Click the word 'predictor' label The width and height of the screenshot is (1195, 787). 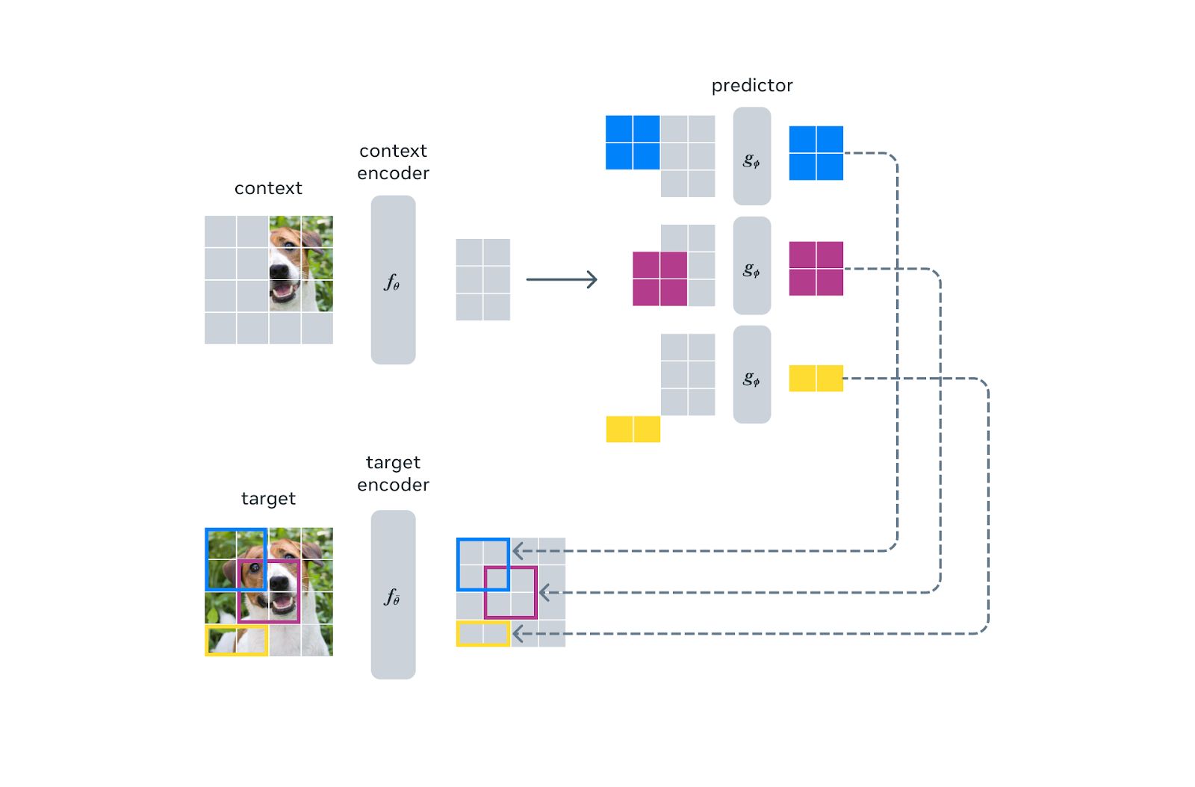(751, 86)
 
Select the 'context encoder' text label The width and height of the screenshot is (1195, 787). (393, 162)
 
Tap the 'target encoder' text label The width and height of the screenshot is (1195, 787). (393, 473)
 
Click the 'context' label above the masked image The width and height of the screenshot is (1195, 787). (268, 188)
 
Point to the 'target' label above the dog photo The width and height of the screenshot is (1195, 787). (268, 499)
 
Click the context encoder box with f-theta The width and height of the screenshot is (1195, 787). (393, 280)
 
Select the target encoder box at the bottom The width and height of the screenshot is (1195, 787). (393, 594)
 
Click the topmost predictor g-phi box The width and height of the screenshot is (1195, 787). (751, 156)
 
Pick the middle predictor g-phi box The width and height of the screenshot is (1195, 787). (751, 266)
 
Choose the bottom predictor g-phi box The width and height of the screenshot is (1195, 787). (751, 375)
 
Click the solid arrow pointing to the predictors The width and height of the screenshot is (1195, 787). (562, 280)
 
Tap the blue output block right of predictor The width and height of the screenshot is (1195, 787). (816, 153)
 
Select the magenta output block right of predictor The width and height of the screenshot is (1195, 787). (816, 269)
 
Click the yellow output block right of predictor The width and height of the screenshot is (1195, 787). (816, 379)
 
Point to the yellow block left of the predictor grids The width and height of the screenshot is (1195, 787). (633, 429)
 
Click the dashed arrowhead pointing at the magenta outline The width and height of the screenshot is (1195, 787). (544, 593)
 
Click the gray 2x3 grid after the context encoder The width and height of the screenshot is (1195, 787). (482, 280)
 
